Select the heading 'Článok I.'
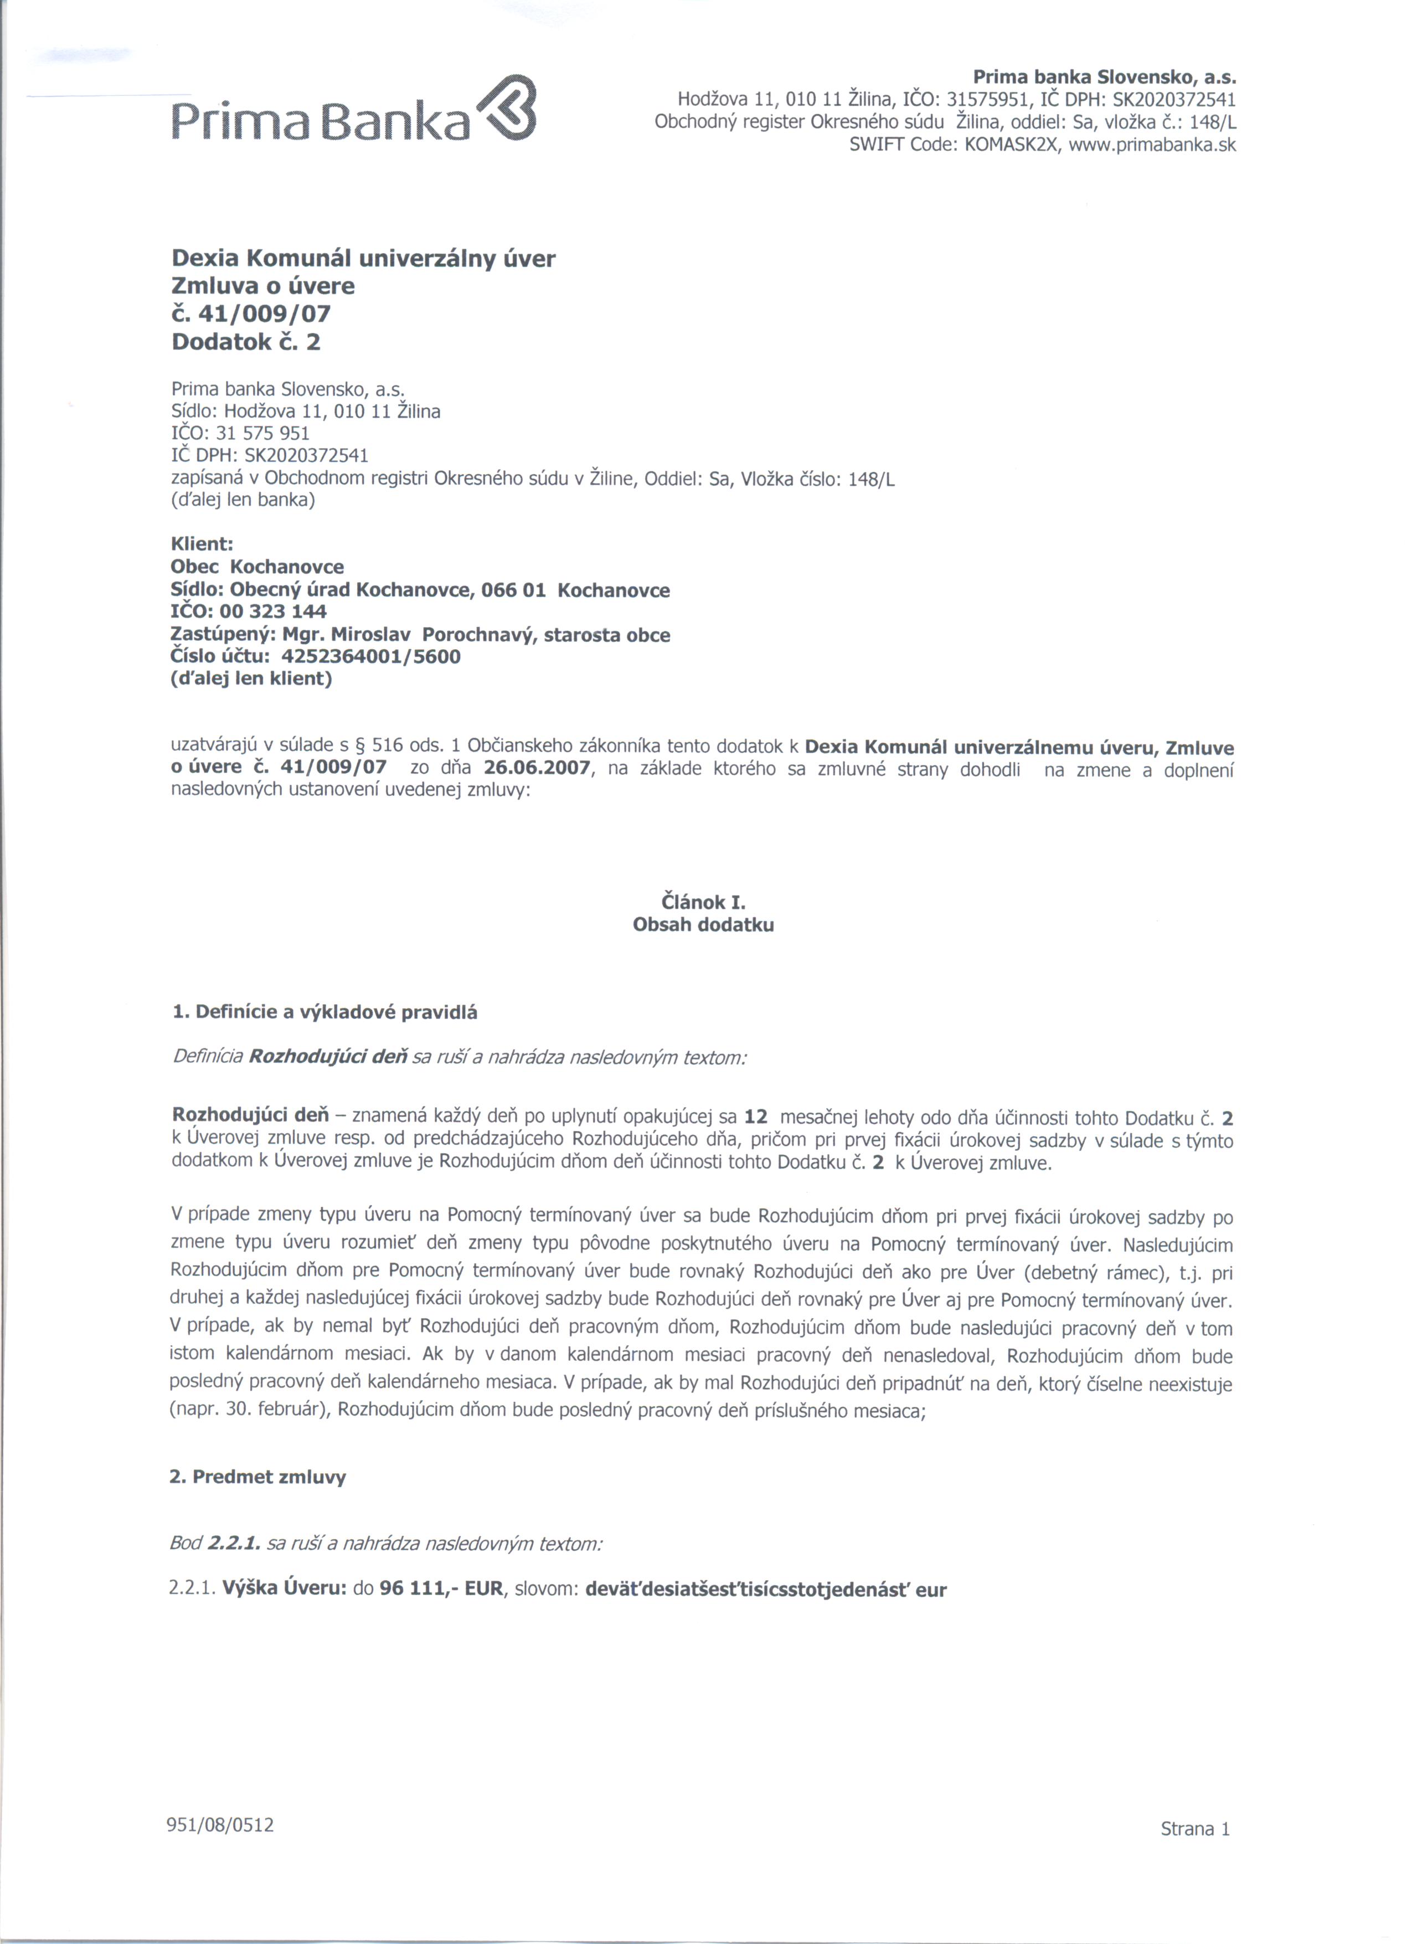[703, 903]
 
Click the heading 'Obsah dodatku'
[703, 925]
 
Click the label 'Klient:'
[202, 544]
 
